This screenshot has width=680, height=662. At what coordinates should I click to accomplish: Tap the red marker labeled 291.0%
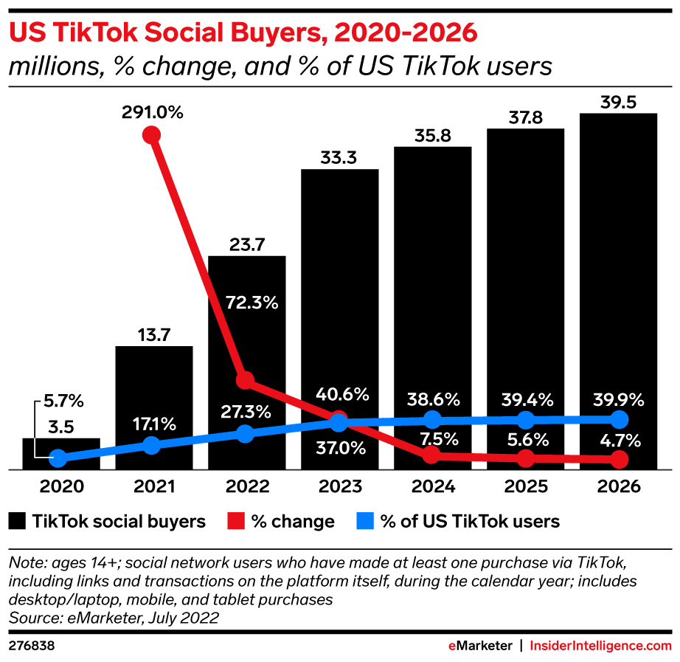tap(151, 134)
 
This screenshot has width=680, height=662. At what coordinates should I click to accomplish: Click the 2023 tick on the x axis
tap(339, 487)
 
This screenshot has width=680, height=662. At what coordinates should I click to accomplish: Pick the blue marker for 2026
tap(619, 420)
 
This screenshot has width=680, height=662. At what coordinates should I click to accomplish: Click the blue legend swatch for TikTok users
tap(364, 522)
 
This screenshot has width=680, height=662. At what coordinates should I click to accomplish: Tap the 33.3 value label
tap(339, 157)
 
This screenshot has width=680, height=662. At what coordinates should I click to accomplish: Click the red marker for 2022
tap(245, 380)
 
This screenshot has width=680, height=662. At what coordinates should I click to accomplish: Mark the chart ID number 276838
tap(32, 645)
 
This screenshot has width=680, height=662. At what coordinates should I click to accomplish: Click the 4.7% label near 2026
tap(618, 441)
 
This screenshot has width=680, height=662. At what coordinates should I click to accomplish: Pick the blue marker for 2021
tap(151, 445)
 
